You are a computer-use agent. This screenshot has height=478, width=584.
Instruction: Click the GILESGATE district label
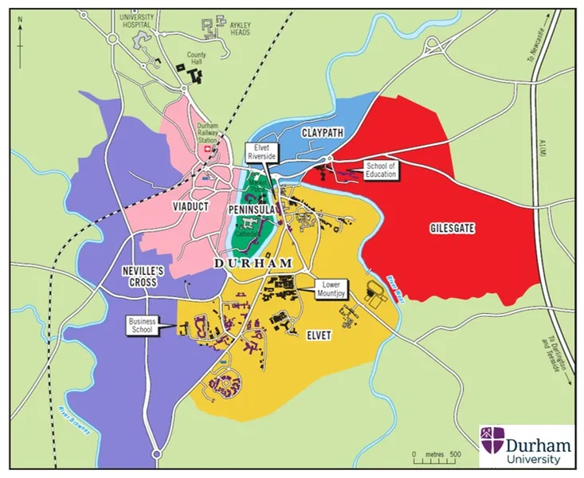pyautogui.click(x=453, y=229)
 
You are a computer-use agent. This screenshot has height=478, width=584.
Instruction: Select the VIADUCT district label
pyautogui.click(x=190, y=206)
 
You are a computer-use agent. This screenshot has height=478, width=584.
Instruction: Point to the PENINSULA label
pyautogui.click(x=252, y=208)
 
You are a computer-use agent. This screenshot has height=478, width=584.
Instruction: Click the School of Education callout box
pyautogui.click(x=381, y=169)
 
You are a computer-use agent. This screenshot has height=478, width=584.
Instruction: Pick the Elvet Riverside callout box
pyautogui.click(x=261, y=152)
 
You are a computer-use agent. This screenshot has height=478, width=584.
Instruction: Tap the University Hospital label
pyautogui.click(x=137, y=19)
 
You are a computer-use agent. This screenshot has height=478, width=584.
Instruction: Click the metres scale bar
pyautogui.click(x=434, y=460)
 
